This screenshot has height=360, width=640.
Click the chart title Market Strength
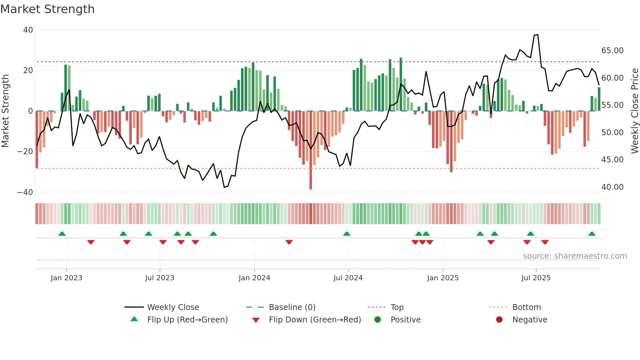point(47,9)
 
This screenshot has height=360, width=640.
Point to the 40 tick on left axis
point(28,30)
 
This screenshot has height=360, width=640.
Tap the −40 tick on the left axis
point(25,192)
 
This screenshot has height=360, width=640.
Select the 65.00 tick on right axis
point(612,51)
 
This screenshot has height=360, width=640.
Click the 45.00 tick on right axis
point(612,160)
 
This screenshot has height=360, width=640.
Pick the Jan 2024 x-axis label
point(254,278)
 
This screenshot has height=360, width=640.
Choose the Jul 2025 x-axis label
point(536,278)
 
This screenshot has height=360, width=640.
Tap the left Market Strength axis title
point(6,111)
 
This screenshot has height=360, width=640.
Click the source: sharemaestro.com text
point(575,256)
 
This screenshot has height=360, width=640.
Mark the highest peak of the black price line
point(537,35)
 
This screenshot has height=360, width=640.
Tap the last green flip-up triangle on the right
point(592,234)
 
